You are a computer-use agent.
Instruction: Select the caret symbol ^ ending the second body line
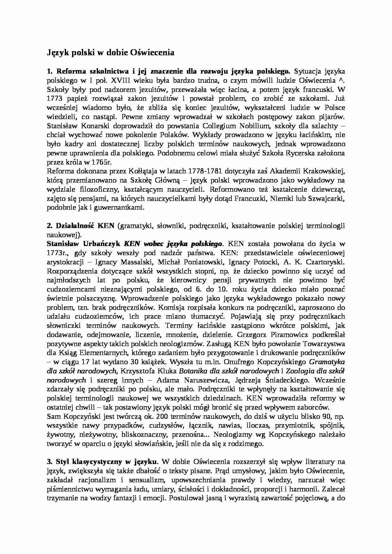click(343, 80)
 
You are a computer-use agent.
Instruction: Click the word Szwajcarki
click(328, 199)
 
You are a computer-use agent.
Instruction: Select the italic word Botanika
click(192, 371)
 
